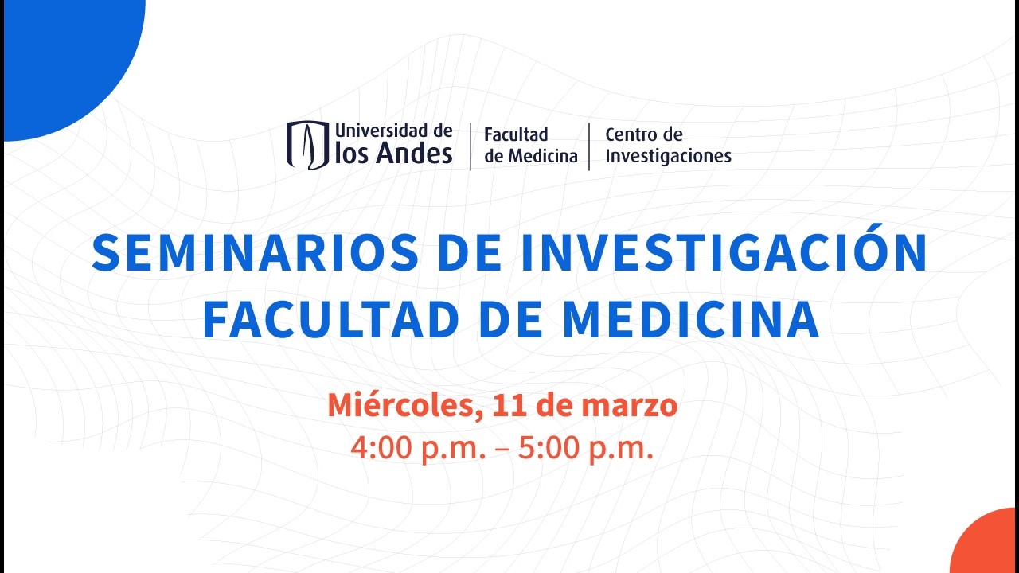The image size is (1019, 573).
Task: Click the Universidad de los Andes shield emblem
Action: click(307, 145)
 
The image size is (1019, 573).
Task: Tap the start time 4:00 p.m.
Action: click(418, 448)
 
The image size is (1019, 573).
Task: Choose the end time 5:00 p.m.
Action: click(585, 448)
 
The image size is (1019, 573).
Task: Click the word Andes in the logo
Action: click(416, 154)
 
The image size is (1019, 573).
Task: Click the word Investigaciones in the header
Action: click(668, 156)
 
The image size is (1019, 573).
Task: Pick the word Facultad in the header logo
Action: click(516, 134)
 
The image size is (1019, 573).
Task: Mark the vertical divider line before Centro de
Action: click(589, 146)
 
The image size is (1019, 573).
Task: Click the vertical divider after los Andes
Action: click(470, 146)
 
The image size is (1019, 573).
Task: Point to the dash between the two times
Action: click(502, 450)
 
